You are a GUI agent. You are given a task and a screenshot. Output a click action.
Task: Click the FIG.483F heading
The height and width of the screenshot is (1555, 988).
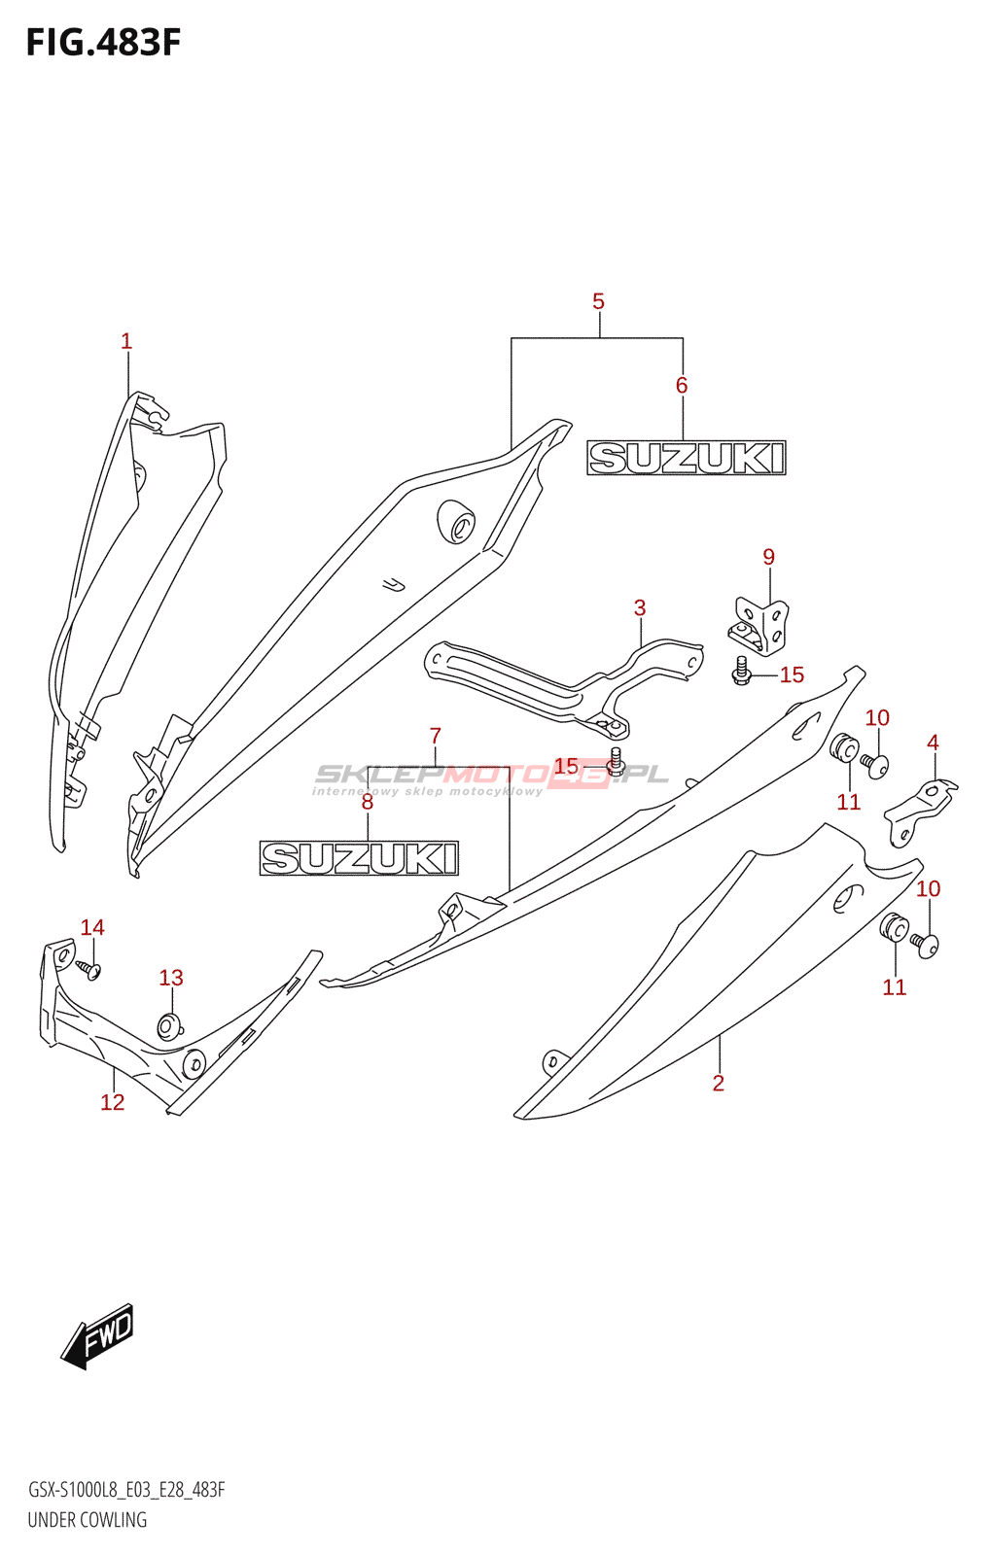click(103, 43)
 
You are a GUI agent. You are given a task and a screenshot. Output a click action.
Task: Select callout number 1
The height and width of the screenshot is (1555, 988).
click(125, 341)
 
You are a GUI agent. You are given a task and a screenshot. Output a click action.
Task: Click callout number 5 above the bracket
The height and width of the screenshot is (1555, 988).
click(598, 301)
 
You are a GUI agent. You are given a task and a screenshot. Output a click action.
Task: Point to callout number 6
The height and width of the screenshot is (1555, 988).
click(682, 385)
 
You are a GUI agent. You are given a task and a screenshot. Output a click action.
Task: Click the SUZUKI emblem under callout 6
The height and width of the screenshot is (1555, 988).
click(687, 458)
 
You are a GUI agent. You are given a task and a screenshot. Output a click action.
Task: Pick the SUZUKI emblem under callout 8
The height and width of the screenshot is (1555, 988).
click(359, 858)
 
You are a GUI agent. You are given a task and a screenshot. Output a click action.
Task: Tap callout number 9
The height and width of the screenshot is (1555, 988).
click(768, 557)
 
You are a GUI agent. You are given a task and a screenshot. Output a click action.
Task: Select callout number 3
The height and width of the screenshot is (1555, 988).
click(639, 608)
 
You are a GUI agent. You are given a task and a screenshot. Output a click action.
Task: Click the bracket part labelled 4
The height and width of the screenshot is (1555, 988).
click(921, 812)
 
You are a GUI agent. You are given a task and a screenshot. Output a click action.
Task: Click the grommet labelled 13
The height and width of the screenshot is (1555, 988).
click(169, 1026)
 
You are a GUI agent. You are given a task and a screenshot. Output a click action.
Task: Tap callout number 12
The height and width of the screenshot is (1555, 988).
click(113, 1102)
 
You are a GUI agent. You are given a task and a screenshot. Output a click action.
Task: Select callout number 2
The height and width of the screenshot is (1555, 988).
click(719, 1083)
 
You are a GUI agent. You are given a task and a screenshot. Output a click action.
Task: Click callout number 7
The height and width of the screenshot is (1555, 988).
click(435, 735)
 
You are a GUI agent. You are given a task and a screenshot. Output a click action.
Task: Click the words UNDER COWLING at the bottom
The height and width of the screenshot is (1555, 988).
click(88, 1520)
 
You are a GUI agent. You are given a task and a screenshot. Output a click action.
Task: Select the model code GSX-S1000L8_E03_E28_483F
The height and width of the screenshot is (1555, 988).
click(126, 1489)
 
